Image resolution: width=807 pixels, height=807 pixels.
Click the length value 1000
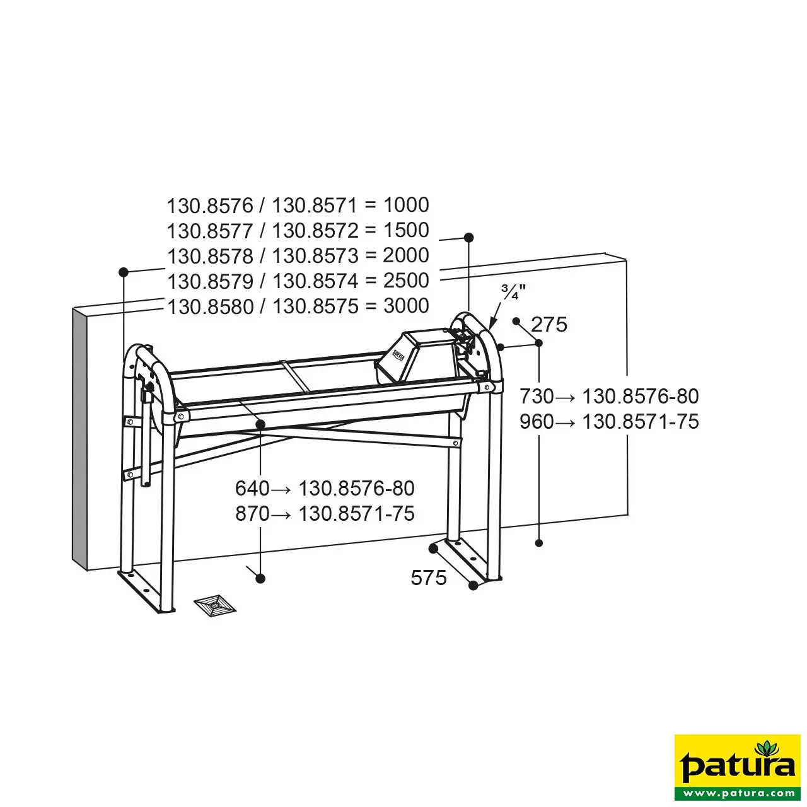[x=406, y=205]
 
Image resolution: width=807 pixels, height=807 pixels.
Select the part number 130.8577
[x=210, y=231]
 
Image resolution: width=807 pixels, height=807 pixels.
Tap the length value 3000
[x=406, y=306]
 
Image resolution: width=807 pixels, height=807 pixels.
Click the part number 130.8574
[x=315, y=281]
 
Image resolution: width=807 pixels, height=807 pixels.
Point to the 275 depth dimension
[x=549, y=325]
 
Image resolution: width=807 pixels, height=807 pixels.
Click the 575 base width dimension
[x=429, y=578]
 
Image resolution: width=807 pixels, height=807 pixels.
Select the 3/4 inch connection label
[x=513, y=291]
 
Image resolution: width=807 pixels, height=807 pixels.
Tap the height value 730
[x=537, y=396]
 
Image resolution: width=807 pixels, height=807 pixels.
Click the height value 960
[x=537, y=421]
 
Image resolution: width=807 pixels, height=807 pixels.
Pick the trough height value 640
[x=252, y=489]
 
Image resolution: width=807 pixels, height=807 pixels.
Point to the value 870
[x=252, y=513]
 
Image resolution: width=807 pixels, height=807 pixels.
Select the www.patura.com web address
[x=738, y=792]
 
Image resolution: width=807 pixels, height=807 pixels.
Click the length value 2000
[x=406, y=255]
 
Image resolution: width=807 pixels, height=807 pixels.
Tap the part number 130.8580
[x=210, y=306]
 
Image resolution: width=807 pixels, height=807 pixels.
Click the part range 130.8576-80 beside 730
[x=641, y=396]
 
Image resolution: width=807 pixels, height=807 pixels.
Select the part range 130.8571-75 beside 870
[x=356, y=513]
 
